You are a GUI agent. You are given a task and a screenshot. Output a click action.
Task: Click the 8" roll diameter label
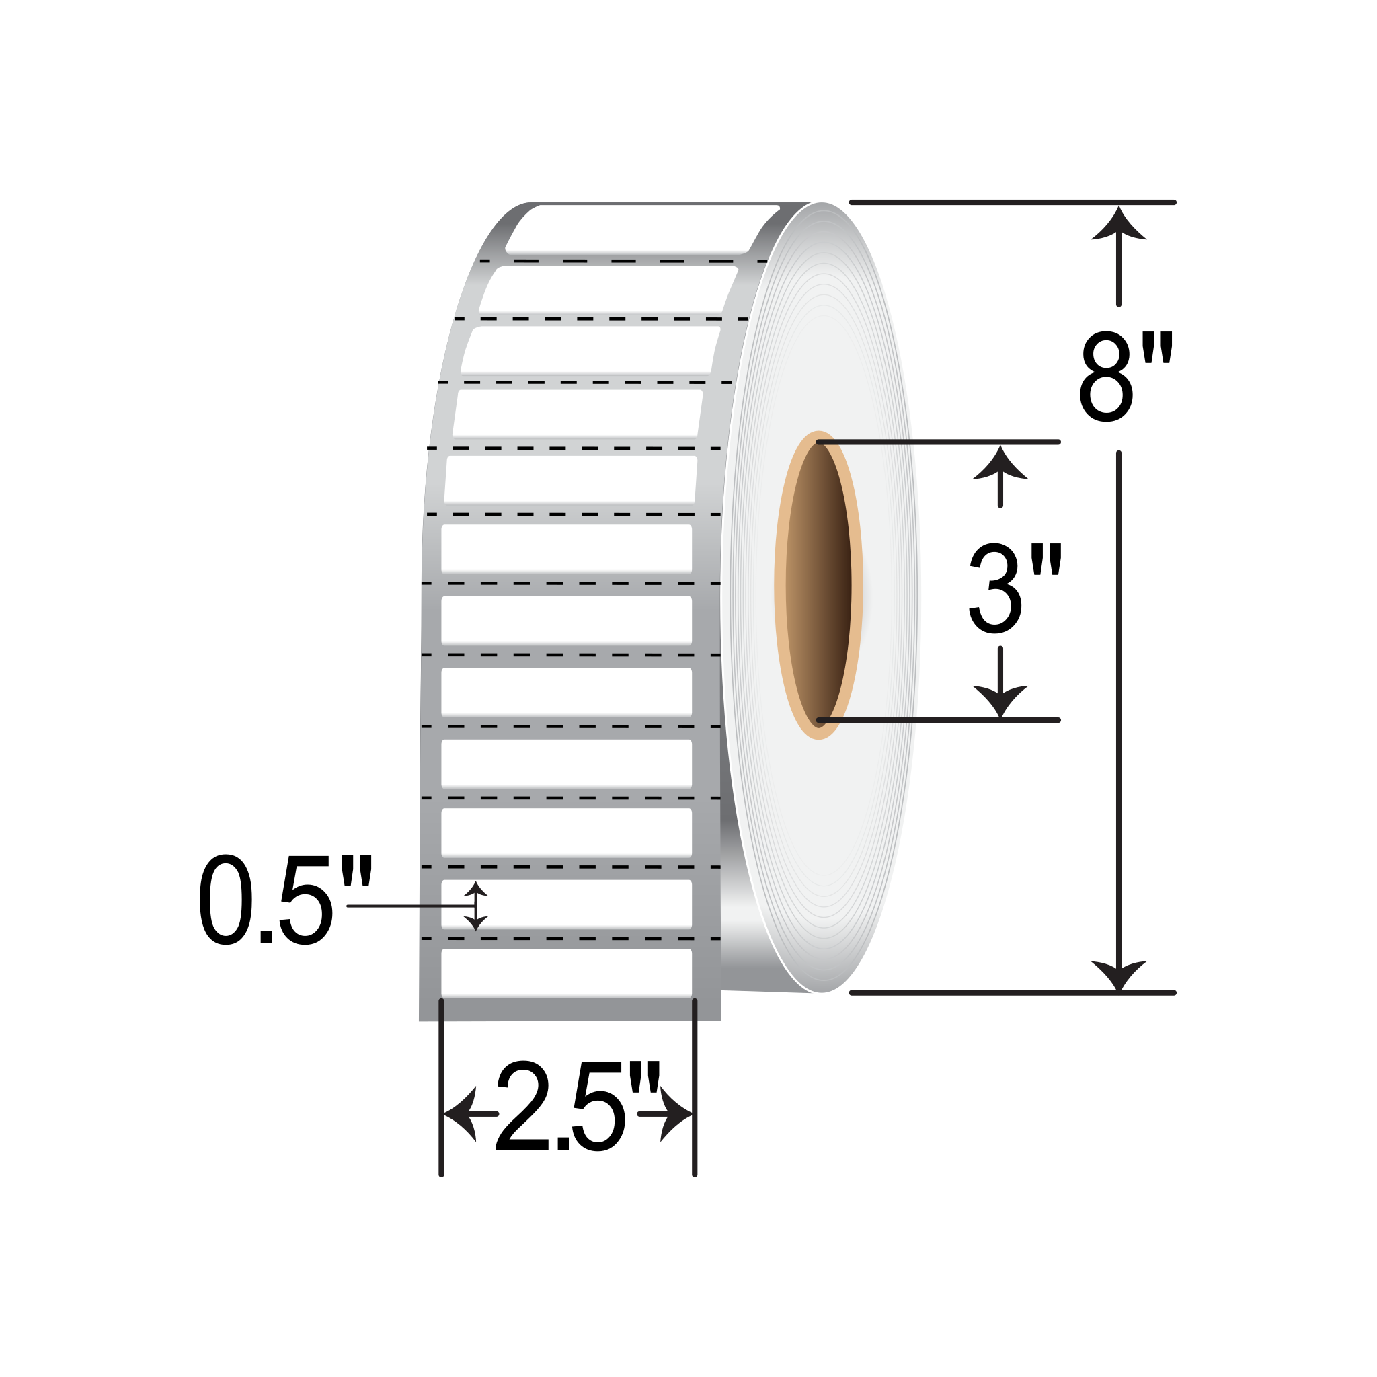1126,376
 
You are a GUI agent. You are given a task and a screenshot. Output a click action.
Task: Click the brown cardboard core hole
818,584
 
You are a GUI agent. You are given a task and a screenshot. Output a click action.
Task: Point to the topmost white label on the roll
641,228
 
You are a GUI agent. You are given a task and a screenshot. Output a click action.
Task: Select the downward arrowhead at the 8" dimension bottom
1118,974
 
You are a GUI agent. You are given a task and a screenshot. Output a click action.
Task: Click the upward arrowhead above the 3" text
1000,463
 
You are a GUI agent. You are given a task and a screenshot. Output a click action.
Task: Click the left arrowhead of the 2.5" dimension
460,1113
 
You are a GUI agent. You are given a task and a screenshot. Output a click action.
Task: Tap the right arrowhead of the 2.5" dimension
676,1113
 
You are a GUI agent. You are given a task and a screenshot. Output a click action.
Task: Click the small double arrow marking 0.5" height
475,906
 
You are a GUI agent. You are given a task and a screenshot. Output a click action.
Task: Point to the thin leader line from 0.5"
406,906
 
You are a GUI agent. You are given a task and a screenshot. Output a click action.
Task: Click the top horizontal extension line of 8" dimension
1012,202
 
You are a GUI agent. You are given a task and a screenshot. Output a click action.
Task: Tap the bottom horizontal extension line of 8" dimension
1012,993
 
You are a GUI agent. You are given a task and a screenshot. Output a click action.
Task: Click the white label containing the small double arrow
584,904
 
